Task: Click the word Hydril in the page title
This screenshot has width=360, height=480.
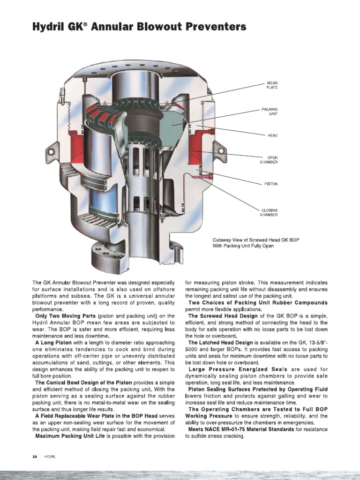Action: click(x=48, y=28)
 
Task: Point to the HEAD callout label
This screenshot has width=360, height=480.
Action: click(x=272, y=135)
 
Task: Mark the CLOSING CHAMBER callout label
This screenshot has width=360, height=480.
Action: click(x=270, y=212)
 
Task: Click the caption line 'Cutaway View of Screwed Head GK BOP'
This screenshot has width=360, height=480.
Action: click(x=255, y=240)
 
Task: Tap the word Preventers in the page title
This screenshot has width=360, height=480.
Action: click(x=216, y=28)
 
